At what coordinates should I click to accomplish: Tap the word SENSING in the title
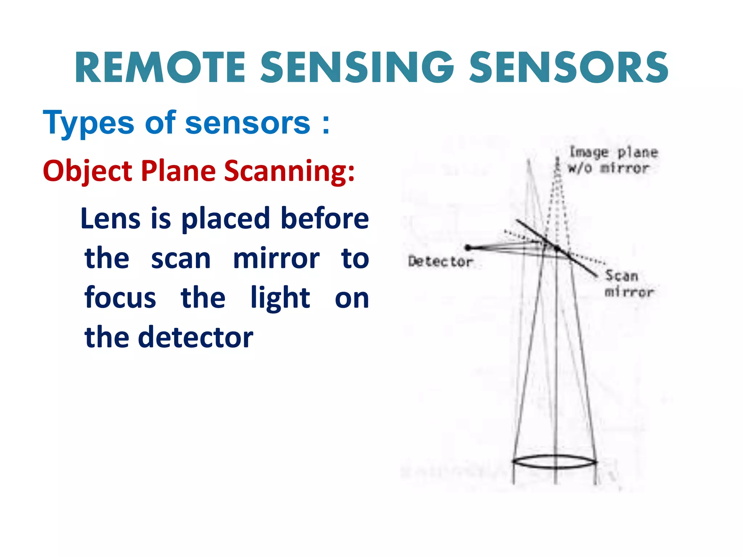(x=357, y=68)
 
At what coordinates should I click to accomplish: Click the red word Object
(x=87, y=171)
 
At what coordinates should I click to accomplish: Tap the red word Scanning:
(x=289, y=171)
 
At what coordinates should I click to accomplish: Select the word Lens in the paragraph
(x=110, y=218)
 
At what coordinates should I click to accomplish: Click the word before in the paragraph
(x=325, y=218)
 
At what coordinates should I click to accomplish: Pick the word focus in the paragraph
(x=120, y=297)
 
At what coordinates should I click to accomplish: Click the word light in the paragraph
(x=280, y=297)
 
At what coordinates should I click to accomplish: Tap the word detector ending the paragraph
(x=196, y=337)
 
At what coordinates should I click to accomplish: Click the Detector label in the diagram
(x=440, y=261)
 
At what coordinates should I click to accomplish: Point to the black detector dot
(x=468, y=248)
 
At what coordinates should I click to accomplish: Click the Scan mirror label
(x=629, y=284)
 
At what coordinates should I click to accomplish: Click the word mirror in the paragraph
(x=276, y=258)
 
